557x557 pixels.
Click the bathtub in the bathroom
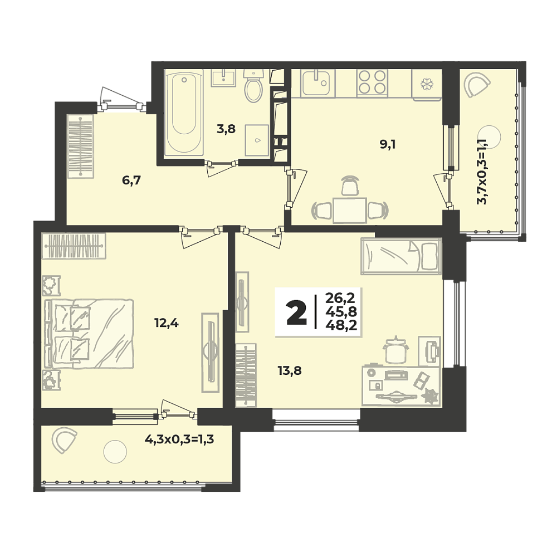[184, 113]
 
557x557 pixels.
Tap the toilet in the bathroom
[253, 85]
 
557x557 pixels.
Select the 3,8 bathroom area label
[226, 129]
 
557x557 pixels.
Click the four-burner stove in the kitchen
[372, 82]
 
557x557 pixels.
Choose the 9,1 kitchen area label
[388, 145]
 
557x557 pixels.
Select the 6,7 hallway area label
[131, 180]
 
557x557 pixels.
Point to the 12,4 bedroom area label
[166, 323]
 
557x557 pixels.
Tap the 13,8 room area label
[290, 371]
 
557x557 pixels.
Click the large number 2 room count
[296, 312]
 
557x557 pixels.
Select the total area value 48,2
[341, 325]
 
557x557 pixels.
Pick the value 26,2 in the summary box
[340, 297]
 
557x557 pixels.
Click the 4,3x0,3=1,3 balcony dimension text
[179, 440]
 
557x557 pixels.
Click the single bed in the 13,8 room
[401, 256]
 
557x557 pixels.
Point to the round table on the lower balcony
[115, 452]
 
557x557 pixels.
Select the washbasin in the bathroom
[223, 77]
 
